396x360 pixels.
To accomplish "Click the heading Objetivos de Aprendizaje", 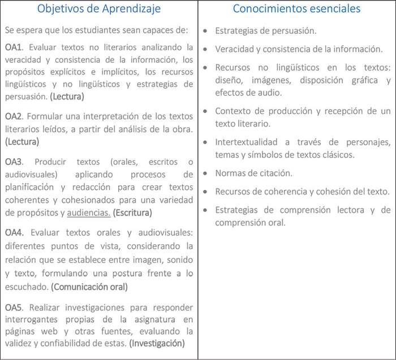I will point(98,8).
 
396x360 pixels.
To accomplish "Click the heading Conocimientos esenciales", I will point(296,8).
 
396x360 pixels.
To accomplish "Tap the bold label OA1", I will point(14,47).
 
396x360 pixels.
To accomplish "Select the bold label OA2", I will point(14,116).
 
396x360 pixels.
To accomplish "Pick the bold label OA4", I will point(14,233).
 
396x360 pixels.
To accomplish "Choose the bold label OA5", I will point(14,307).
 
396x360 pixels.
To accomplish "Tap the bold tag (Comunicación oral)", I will point(89,287).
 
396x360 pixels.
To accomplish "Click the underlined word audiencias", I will point(89,213).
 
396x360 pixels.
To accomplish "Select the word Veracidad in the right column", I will point(234,49).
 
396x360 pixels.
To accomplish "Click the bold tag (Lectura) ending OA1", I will point(67,97).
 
